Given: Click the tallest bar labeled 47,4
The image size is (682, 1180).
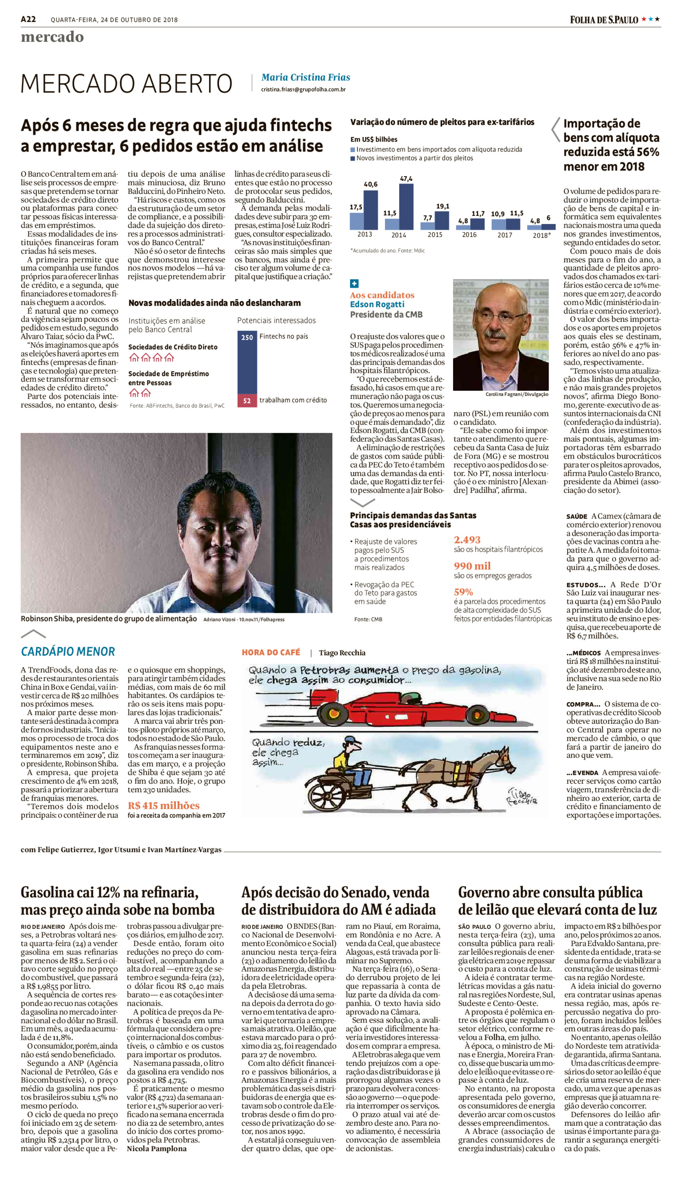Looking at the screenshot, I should [x=406, y=206].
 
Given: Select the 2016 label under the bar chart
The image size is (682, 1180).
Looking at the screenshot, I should [x=469, y=235].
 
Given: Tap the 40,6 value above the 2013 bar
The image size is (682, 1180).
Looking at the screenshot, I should [x=370, y=184].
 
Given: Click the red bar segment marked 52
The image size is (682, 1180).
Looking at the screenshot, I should [x=247, y=401].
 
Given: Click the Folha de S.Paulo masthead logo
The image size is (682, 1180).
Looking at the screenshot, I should [x=604, y=20].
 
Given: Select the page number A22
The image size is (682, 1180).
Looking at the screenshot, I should [x=28, y=19].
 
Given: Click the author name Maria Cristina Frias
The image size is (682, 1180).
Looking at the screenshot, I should [x=305, y=77].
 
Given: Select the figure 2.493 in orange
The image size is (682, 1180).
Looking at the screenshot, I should [x=467, y=540].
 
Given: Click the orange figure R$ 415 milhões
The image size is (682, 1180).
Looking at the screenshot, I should [x=164, y=805].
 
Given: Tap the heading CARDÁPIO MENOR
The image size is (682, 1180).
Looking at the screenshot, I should [x=68, y=652].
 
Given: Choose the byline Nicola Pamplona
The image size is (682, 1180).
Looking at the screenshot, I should [x=157, y=1148].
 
